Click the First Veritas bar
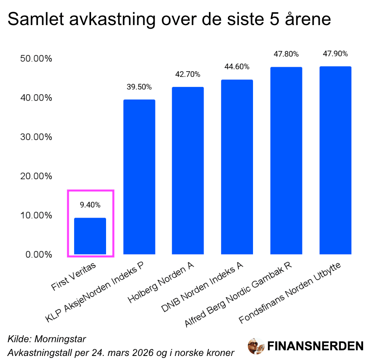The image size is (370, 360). (90, 236)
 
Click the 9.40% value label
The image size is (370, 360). (90, 205)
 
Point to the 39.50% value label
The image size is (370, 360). (139, 87)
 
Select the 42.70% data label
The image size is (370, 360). (188, 74)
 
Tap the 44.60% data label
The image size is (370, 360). (237, 67)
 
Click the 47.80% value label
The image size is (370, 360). (286, 54)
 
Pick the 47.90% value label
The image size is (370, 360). (335, 54)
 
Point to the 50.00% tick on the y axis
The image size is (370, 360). (36, 59)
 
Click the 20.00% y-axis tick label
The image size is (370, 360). (36, 176)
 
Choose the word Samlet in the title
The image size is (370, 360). (30, 19)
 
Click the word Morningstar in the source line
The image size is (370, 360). (61, 339)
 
